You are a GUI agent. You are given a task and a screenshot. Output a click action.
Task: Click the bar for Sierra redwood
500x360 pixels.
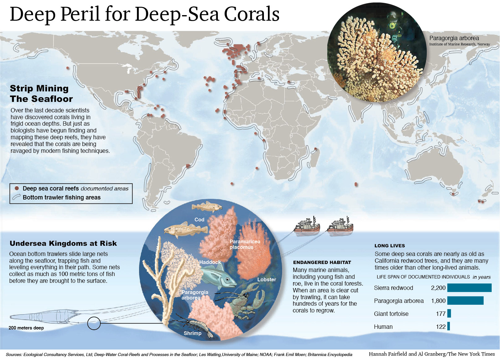click(x=469, y=288)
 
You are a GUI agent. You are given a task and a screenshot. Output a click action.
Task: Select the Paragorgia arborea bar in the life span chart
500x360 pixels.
click(x=465, y=301)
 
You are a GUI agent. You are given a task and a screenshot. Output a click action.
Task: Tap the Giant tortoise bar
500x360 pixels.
click(x=449, y=314)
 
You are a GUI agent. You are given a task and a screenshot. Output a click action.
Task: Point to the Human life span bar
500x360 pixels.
click(x=448, y=327)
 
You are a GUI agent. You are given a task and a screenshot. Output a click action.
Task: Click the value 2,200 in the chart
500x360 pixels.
click(x=438, y=288)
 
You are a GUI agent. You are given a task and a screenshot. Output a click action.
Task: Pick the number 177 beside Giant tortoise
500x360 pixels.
click(x=441, y=314)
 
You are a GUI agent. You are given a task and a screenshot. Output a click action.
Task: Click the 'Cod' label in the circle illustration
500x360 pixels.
click(x=199, y=220)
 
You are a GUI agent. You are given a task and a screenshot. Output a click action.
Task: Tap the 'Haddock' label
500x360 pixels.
click(x=210, y=262)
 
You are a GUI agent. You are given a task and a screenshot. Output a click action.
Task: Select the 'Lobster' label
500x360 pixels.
click(x=267, y=279)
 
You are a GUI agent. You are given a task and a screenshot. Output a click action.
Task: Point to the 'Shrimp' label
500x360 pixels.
click(x=193, y=333)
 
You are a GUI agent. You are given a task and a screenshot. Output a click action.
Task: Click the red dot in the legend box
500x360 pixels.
click(x=17, y=188)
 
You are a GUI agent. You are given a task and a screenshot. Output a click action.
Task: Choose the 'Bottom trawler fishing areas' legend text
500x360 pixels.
click(x=61, y=197)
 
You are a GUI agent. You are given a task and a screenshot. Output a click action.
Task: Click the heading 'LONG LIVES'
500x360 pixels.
click(x=389, y=246)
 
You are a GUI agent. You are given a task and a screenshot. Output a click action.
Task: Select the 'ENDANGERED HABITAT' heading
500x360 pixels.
click(x=322, y=262)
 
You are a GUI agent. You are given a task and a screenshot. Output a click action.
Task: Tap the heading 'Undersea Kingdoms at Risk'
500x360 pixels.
click(x=63, y=243)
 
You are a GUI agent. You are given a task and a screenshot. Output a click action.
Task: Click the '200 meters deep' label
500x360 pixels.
click(x=26, y=328)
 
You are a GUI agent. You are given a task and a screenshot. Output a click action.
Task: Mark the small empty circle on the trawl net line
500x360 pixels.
click(x=94, y=323)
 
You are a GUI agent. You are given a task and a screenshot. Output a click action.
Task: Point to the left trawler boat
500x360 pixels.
click(x=307, y=226)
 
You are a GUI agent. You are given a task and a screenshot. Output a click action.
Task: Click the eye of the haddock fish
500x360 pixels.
click(x=227, y=279)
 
